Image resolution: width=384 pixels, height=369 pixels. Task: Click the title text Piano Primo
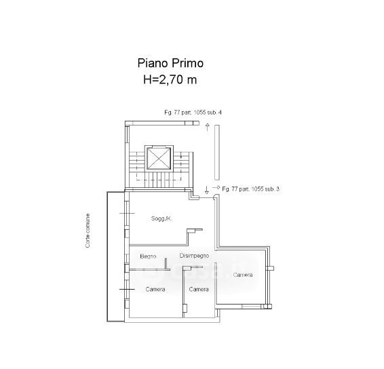coord(170,63)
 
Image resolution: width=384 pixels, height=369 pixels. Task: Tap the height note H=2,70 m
coord(170,79)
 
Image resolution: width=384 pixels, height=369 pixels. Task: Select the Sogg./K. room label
coord(161,218)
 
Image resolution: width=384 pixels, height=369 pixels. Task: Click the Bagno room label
coord(148,256)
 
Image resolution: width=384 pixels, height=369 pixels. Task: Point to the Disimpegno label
coord(194,256)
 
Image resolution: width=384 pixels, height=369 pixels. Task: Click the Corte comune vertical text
coord(88,231)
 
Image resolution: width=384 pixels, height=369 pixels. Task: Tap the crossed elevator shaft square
coord(159,158)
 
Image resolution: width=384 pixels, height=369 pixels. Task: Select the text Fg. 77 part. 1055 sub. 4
coord(193,113)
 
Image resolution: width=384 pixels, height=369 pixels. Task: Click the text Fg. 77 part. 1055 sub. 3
coord(250,189)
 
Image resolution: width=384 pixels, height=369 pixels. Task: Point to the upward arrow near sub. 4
coord(208,127)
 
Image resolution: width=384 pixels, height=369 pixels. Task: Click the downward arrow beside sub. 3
coord(206,190)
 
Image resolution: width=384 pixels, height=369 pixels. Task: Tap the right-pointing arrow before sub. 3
coord(216,188)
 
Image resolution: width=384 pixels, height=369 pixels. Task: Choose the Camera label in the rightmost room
coord(243,275)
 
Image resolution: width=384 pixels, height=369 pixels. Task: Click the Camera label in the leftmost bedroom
coord(155,289)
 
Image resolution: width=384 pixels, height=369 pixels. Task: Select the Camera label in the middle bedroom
coord(199,289)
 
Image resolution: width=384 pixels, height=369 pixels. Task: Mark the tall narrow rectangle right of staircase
coord(216,153)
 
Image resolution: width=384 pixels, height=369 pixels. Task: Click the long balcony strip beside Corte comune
coord(116,256)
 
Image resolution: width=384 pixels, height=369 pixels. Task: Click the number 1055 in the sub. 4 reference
coord(199,113)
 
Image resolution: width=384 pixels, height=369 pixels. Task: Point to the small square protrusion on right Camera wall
coord(271,268)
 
